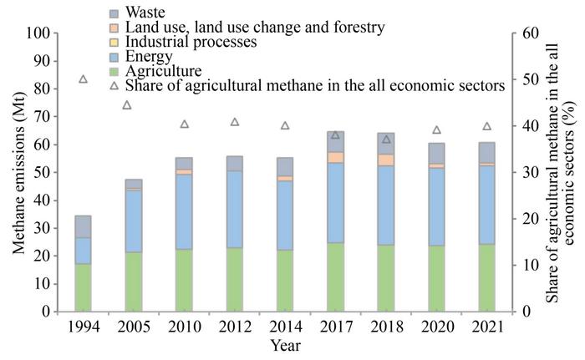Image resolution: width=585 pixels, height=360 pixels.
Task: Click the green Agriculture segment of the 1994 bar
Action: (x=83, y=287)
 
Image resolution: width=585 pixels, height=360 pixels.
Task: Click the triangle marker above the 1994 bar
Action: (x=83, y=79)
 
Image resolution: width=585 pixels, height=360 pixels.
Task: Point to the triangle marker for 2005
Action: (x=127, y=105)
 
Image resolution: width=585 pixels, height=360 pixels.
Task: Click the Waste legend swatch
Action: (x=115, y=14)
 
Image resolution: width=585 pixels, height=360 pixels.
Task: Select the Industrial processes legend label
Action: (x=191, y=42)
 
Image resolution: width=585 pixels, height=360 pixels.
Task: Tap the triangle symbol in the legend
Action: (x=115, y=84)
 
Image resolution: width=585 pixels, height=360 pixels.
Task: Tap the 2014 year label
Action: (x=284, y=327)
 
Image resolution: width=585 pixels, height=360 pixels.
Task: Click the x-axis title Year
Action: (x=284, y=344)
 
